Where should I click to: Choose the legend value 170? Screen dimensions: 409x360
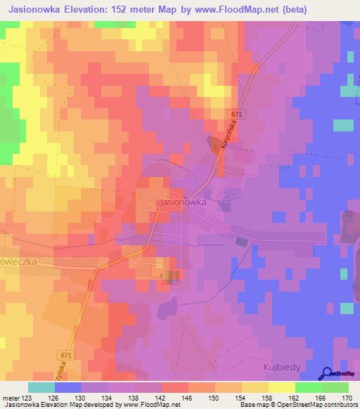point(346,398)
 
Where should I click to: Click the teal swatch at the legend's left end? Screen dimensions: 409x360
point(41,387)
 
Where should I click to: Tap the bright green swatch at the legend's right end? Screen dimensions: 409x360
point(335,387)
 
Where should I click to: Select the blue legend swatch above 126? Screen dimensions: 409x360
point(68,387)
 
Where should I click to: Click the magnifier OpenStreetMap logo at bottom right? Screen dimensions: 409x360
point(327,373)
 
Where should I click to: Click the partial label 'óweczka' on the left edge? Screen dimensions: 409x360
point(18,261)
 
